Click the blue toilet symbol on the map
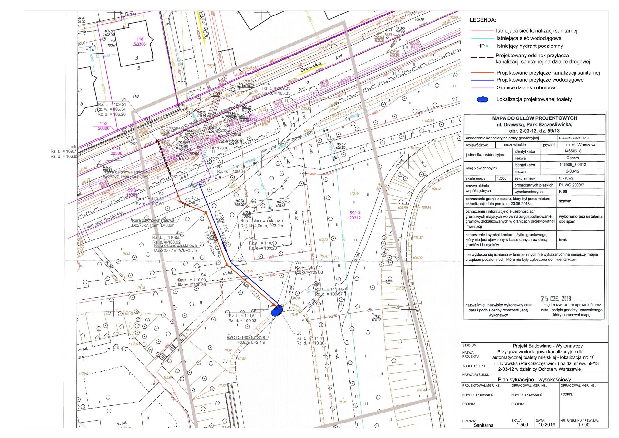coord(277,311)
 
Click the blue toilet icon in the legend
coord(482,99)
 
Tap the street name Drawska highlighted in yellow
coord(311,68)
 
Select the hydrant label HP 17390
coord(219,148)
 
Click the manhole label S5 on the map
coord(254,311)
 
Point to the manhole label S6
coord(299,333)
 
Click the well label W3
coord(298,262)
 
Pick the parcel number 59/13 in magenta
coord(355,213)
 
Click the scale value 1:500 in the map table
coord(502,178)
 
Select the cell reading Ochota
coord(572,158)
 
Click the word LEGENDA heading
coord(483,20)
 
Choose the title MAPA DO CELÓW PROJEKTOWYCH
coord(534,118)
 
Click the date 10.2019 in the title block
coord(547,425)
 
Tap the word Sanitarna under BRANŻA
coord(483,425)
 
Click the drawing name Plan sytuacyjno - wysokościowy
coord(534,379)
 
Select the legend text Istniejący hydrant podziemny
coord(529,46)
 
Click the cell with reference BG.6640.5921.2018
coord(574,138)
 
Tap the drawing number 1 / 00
coord(584,425)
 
